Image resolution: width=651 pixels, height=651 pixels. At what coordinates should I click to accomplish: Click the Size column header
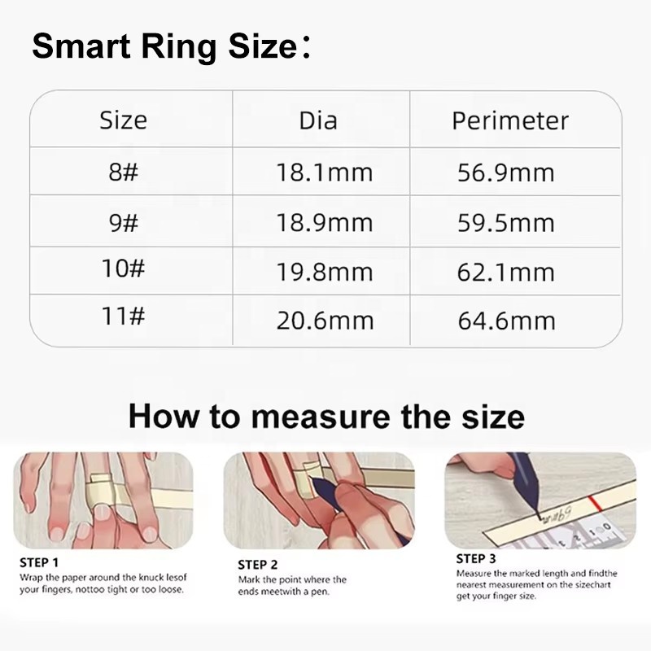pyautogui.click(x=123, y=120)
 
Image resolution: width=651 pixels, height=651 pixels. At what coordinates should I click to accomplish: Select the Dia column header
pyautogui.click(x=318, y=120)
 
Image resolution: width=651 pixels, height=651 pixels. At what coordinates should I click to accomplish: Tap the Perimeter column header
pyautogui.click(x=510, y=120)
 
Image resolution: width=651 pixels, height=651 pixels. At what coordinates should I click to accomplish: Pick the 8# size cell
pyautogui.click(x=123, y=172)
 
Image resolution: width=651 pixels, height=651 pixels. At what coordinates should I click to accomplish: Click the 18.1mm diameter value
pyautogui.click(x=324, y=172)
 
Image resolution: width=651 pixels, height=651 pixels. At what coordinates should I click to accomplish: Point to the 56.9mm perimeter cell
pyautogui.click(x=506, y=172)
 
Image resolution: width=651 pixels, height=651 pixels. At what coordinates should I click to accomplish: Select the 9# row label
pyautogui.click(x=123, y=221)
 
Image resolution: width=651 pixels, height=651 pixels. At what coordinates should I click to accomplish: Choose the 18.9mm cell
pyautogui.click(x=324, y=221)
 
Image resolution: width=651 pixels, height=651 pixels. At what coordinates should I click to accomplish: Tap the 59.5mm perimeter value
pyautogui.click(x=506, y=221)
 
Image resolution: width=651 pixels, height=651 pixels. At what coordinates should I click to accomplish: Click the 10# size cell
pyautogui.click(x=123, y=269)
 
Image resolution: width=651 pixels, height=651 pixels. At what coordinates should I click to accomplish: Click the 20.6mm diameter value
pyautogui.click(x=324, y=319)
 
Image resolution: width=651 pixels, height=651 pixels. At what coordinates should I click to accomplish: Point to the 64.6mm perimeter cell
pyautogui.click(x=506, y=319)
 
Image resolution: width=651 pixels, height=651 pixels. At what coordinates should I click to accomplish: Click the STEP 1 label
pyautogui.click(x=39, y=561)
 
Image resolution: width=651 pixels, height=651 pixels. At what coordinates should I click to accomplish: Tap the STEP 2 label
pyautogui.click(x=258, y=564)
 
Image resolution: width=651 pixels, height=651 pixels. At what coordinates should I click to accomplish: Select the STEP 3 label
pyautogui.click(x=476, y=558)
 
